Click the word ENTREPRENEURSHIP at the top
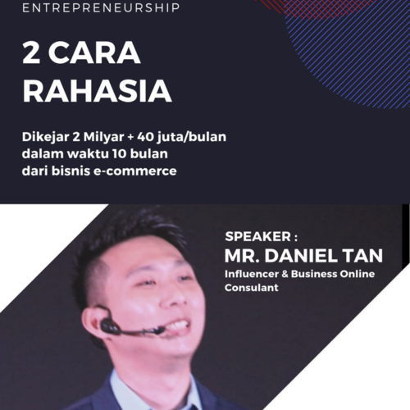[x=101, y=7]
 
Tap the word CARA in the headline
[x=94, y=52]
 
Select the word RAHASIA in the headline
[x=97, y=91]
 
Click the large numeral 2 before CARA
[x=31, y=52]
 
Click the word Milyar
[x=103, y=138]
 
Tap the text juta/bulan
[x=191, y=137]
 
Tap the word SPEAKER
[x=258, y=237]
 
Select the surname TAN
[x=362, y=256]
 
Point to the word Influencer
[x=252, y=274]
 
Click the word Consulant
[x=252, y=288]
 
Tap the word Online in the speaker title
[x=358, y=274]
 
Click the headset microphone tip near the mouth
[x=160, y=330]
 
